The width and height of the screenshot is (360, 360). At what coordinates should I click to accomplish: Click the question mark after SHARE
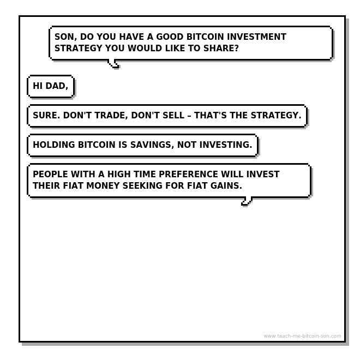(x=236, y=48)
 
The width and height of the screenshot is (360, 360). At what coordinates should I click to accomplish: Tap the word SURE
(x=45, y=115)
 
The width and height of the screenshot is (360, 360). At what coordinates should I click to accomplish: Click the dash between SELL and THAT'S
(x=189, y=116)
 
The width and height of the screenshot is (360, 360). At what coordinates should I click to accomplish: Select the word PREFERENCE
(x=188, y=174)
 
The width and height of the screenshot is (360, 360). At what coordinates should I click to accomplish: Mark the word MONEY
(x=103, y=185)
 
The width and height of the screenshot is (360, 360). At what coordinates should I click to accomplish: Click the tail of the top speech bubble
(x=113, y=64)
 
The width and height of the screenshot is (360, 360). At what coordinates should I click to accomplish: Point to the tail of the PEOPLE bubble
(x=247, y=201)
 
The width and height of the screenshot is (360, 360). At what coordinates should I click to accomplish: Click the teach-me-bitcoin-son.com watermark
(x=302, y=336)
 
